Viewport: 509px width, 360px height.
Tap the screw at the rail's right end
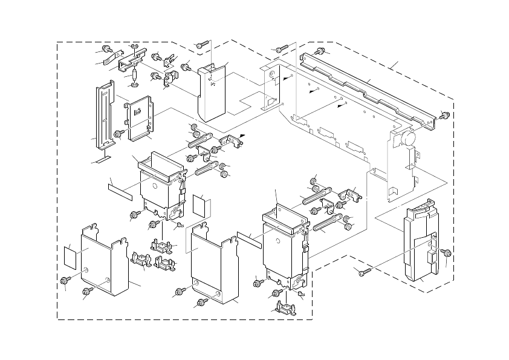[446, 116]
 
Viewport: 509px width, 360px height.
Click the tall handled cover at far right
[421, 242]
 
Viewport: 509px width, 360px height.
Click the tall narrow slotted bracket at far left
[104, 117]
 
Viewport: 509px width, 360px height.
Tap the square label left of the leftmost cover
[71, 257]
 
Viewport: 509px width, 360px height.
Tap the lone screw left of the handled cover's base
[363, 273]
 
